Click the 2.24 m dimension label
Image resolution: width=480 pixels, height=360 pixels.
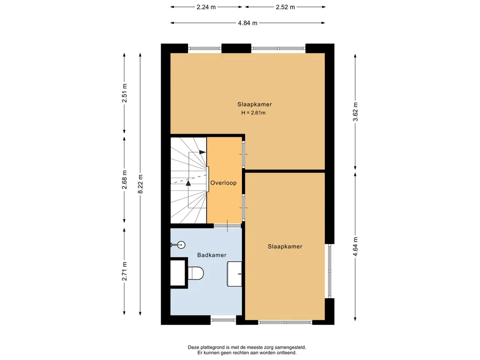[x=206, y=7]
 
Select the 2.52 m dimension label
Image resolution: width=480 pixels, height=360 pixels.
[x=285, y=7]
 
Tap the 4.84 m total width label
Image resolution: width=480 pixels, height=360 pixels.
[x=247, y=23]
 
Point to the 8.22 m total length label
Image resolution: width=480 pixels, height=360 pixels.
[x=141, y=184]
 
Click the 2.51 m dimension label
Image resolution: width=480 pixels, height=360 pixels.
[x=125, y=93]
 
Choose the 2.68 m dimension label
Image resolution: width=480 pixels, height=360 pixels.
[x=125, y=180]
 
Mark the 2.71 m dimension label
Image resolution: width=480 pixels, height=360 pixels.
[x=125, y=271]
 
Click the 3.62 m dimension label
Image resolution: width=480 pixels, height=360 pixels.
[x=355, y=112]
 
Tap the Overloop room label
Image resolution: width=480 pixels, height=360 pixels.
[x=224, y=183]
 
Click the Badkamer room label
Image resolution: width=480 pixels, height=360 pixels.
[x=212, y=255]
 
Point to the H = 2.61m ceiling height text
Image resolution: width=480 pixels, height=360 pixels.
[x=254, y=112]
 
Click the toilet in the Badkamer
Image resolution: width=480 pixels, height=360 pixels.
[x=195, y=273]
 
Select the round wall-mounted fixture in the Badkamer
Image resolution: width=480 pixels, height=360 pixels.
[x=180, y=245]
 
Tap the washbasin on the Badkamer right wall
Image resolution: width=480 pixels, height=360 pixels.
[x=234, y=274]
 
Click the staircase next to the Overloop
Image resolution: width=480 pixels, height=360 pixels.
[x=188, y=180]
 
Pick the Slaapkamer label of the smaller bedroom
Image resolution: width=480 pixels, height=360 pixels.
[x=285, y=247]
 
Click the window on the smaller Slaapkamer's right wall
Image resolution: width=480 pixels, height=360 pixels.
[x=330, y=271]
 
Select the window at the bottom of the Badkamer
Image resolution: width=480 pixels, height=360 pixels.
[x=223, y=320]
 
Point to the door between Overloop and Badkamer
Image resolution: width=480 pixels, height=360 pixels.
[x=227, y=226]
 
